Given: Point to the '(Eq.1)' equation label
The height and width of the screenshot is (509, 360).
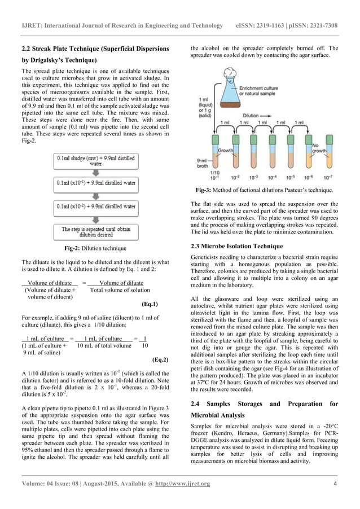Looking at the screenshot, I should coord(150,304).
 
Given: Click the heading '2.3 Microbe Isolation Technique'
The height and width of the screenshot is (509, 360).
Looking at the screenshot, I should coord(237,246).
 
